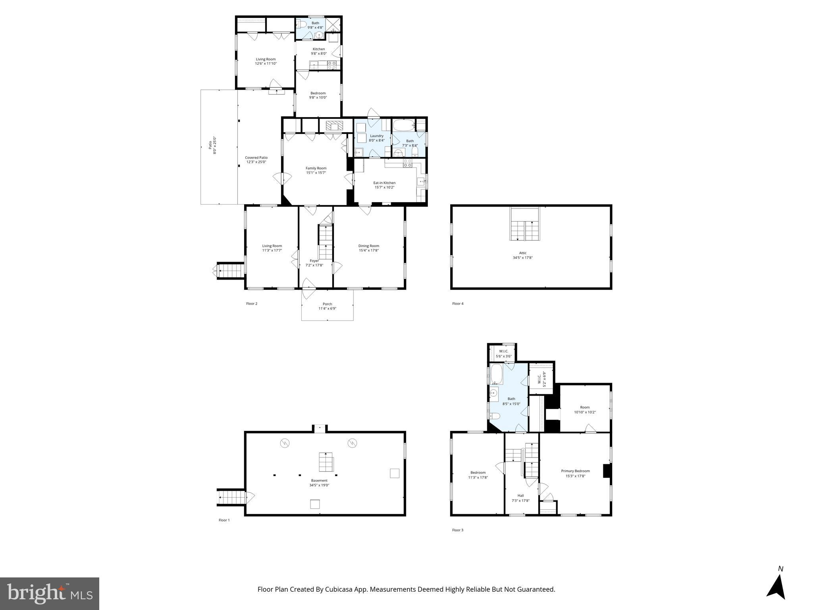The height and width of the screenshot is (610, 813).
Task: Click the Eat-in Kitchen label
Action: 384,183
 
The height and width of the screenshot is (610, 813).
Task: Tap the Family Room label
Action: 316,168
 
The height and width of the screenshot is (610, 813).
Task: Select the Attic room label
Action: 522,253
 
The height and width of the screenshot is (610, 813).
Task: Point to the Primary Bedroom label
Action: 575,471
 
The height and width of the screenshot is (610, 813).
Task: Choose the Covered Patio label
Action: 256,158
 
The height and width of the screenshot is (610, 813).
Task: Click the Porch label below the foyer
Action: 327,304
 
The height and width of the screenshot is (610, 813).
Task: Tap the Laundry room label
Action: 376,136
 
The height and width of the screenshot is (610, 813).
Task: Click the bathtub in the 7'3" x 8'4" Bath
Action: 403,126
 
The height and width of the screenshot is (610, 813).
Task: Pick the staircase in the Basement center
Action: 326,461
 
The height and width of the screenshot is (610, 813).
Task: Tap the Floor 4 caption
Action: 458,304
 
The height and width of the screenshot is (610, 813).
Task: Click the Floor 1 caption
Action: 224,520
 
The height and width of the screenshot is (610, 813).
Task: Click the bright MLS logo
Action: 50,593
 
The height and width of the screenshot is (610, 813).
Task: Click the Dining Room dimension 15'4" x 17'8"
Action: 368,251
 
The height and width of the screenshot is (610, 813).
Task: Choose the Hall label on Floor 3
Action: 520,496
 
